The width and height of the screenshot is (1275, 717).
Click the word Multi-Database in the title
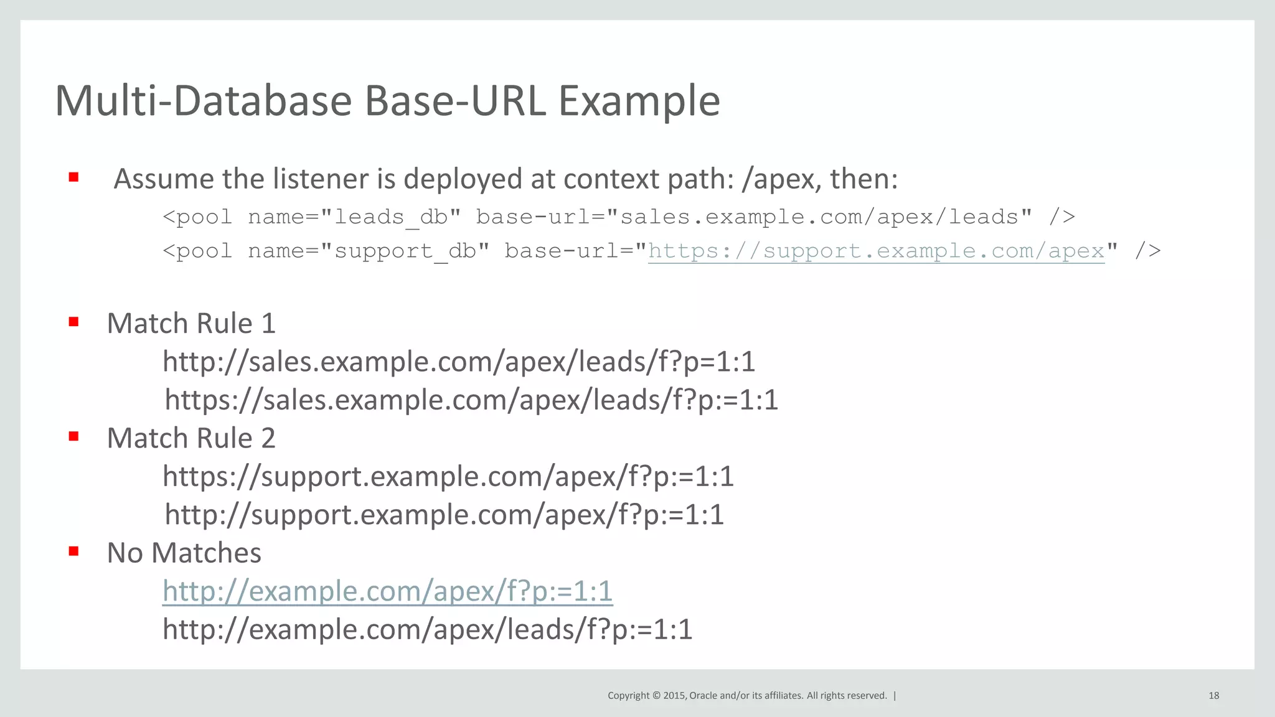coord(203,101)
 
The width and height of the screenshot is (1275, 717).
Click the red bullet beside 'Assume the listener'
coord(73,177)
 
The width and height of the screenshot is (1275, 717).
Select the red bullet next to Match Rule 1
coord(73,322)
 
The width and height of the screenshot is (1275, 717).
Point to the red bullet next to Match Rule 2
coord(73,436)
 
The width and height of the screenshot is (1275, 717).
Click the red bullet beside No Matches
coord(73,551)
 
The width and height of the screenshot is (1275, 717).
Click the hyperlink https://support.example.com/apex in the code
coord(876,251)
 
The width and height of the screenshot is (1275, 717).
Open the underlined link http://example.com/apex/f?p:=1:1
coord(387,591)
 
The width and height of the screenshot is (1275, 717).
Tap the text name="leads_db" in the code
coord(354,217)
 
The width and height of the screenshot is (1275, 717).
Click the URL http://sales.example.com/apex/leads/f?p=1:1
coord(459,362)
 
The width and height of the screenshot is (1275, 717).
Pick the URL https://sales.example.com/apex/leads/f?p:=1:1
coord(471,400)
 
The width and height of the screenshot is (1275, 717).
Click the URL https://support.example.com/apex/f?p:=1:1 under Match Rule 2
coord(448,476)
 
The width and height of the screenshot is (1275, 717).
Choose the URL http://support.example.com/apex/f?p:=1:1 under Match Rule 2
coord(444,515)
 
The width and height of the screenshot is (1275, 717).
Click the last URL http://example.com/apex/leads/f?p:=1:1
coord(427,629)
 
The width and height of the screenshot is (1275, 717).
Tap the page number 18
coord(1213,696)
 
